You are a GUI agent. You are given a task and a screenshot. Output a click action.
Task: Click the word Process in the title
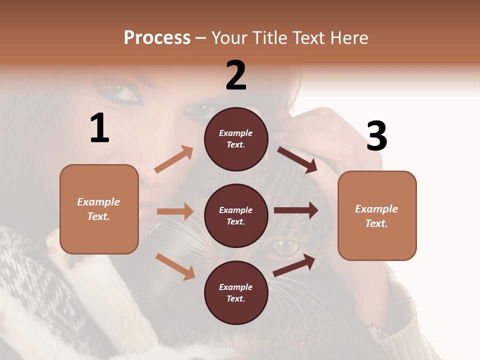[157, 38]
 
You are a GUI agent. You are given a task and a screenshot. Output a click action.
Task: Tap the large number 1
[99, 128]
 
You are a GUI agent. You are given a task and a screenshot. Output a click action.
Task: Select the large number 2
[236, 75]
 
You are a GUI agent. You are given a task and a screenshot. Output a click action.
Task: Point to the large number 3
[376, 136]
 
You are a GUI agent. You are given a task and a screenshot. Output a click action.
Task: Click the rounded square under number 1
[99, 209]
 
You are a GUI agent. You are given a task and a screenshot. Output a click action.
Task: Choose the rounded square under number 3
[377, 215]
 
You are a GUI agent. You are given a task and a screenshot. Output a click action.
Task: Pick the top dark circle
[236, 139]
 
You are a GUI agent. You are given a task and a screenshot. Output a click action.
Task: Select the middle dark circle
[236, 215]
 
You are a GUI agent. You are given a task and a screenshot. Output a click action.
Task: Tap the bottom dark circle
[236, 292]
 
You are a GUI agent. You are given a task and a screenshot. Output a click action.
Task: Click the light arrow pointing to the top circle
[174, 159]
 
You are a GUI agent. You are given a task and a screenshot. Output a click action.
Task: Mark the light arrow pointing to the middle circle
[175, 211]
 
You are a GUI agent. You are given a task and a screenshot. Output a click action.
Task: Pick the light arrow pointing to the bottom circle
[175, 266]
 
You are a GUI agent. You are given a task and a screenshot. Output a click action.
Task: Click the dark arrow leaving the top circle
[297, 159]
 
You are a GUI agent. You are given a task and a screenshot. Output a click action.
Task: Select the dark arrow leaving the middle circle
[296, 210]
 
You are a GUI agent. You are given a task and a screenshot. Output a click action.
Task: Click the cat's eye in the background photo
[285, 246]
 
